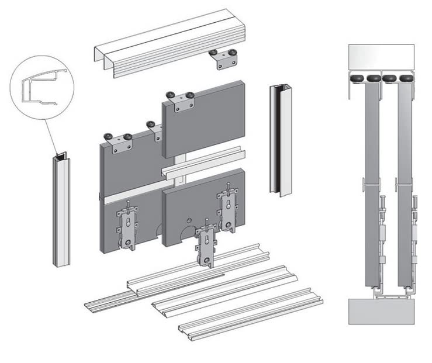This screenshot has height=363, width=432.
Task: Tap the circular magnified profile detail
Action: (x=42, y=88)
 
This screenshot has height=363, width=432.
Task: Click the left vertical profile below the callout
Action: (x=61, y=210)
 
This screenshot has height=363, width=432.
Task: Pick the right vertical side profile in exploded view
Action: (x=281, y=140)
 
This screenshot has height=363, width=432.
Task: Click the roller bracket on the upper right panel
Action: (x=181, y=102)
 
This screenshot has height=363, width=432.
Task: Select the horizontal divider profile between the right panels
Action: (x=202, y=164)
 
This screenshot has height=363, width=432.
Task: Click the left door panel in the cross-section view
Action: (x=371, y=181)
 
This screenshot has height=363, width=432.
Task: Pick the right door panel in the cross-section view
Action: (x=404, y=181)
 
